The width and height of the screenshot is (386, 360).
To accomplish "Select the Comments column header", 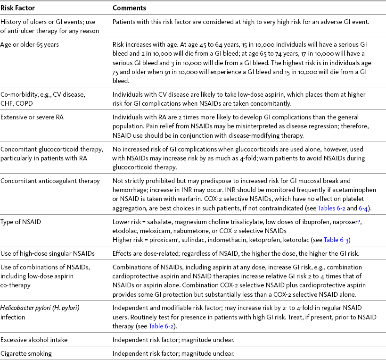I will pyautogui.click(x=129, y=8).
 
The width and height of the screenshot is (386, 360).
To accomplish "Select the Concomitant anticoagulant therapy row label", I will pyautogui.click(x=50, y=180).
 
